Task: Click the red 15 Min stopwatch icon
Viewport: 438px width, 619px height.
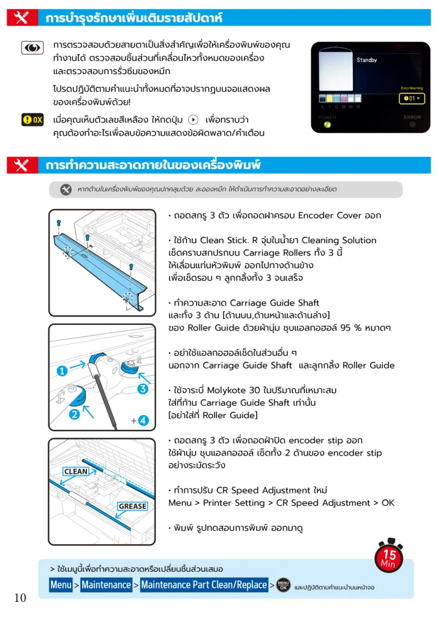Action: pos(388,555)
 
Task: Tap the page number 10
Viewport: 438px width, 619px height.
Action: pos(20,598)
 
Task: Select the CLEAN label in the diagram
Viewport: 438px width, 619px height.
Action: pos(76,471)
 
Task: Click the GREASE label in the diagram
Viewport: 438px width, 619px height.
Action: pos(132,506)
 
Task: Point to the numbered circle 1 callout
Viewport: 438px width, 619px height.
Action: pos(62,371)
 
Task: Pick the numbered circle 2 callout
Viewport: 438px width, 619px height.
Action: pos(74,415)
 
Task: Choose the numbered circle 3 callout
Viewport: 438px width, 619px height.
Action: pos(143,389)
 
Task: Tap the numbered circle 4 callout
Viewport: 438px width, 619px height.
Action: pos(143,421)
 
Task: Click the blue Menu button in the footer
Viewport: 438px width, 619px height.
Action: pos(61,585)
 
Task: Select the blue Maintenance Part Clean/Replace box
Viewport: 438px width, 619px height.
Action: pos(204,585)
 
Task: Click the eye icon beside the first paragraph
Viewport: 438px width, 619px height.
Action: pos(32,48)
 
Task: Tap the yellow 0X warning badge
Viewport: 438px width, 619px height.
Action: pos(32,119)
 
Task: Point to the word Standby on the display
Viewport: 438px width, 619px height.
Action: pos(366,60)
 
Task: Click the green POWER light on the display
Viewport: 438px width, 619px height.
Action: pos(327,125)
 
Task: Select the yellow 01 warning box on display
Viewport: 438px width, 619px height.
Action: pos(412,99)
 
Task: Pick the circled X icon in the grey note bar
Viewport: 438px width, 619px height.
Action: pos(66,189)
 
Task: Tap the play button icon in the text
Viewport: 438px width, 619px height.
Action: pos(193,119)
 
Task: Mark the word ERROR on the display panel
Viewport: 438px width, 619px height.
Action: pos(412,117)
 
